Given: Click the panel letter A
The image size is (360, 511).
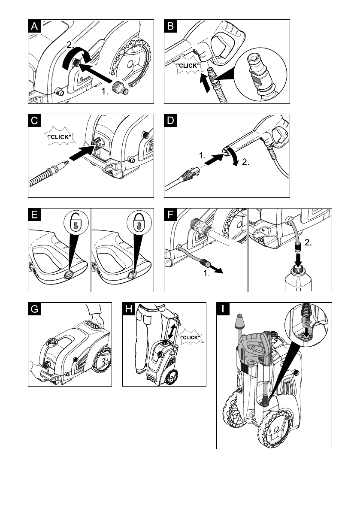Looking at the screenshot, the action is pos(34,27).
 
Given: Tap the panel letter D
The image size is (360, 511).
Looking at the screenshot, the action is pos(170,121).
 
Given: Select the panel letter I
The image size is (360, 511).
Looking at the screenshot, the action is pos(223,309).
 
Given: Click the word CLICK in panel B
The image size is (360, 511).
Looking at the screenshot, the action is pos(188,66).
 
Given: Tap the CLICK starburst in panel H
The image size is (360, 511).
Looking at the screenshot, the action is pos(191,337).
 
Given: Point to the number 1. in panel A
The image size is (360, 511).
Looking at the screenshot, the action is pos(105,91).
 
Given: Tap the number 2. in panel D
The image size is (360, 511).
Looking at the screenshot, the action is pos(245,162).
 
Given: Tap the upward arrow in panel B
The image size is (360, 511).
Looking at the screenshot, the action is pos(205,83).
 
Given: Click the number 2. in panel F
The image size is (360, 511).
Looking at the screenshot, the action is pos(308,242).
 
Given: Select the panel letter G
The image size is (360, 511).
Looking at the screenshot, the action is pos(34,309).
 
